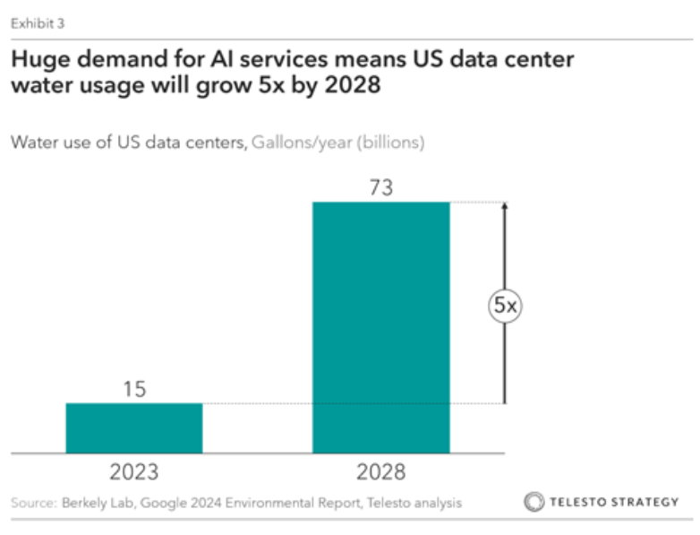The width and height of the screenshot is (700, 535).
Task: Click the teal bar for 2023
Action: [134, 428]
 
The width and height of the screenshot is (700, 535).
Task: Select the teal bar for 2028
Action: [380, 327]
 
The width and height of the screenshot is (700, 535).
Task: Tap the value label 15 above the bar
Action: [134, 390]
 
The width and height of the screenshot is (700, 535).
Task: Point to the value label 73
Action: [380, 188]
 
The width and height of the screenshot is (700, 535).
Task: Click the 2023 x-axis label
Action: [134, 472]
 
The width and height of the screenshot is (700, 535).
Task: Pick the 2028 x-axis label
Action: [380, 472]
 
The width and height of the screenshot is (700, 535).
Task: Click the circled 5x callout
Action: [505, 306]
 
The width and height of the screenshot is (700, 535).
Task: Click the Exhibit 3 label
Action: [37, 22]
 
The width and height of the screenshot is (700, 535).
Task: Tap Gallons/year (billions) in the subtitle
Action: [337, 142]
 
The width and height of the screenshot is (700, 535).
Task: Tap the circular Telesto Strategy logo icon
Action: [534, 502]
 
